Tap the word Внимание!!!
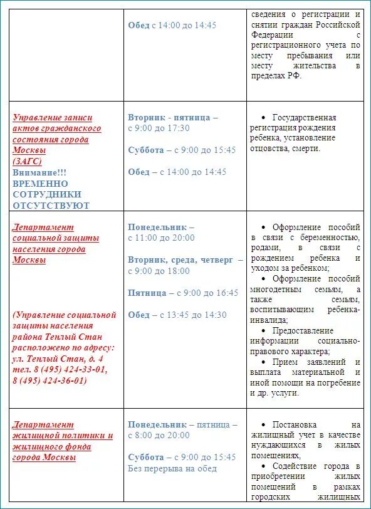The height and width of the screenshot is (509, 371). tap(39, 172)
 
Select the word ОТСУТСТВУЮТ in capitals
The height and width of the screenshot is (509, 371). tap(51, 206)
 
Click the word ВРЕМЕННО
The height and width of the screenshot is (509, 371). tap(40, 183)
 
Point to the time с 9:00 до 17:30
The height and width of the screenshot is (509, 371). tap(159, 128)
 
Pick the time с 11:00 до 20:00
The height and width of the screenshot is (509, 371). tap(161, 238)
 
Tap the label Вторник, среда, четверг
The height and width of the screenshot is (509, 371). tap(180, 260)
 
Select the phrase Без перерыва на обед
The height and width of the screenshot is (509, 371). tap(172, 468)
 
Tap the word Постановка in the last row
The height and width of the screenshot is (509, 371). tap(295, 424)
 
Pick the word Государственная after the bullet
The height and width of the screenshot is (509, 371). tap(304, 117)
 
